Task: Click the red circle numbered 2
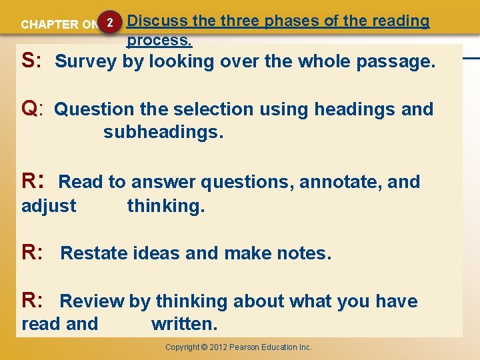[110, 23]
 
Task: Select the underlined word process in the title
[159, 40]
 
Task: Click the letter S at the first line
[28, 61]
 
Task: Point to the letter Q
[29, 108]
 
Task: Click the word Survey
[86, 62]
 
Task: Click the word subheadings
[163, 132]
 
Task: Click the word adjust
[49, 206]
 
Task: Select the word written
[184, 325]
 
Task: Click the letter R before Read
[29, 181]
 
